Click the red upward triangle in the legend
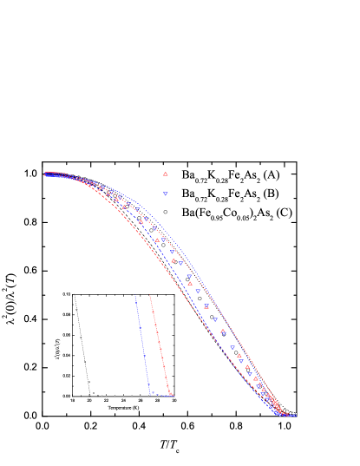165,174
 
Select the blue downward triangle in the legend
165,194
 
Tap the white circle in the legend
165,212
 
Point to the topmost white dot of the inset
76,309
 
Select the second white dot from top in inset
81,337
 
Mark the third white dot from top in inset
85,362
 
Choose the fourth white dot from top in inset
88,381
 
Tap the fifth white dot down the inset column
94,392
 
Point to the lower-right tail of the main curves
293,414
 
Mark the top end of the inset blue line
135,297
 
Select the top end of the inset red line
150,296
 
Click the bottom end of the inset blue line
150,394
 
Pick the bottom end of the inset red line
169,395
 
